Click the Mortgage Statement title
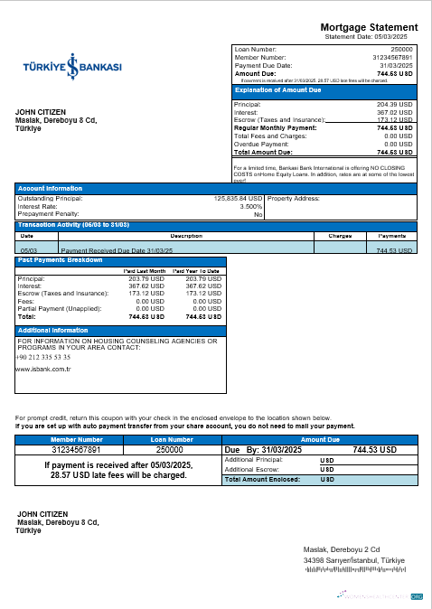(x=369, y=28)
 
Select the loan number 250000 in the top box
(x=400, y=49)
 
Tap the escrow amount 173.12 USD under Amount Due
(x=394, y=119)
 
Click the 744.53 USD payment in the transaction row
(x=393, y=249)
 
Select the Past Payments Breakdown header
(x=61, y=260)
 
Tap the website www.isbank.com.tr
(x=43, y=370)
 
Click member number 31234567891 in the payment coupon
(x=75, y=449)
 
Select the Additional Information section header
(x=53, y=331)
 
